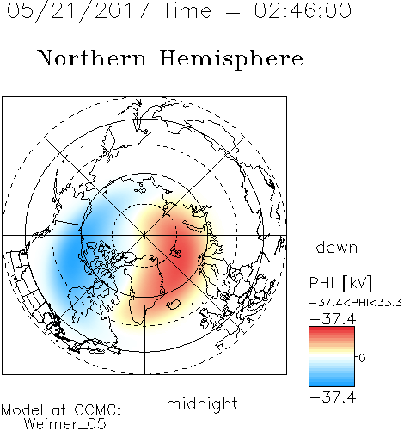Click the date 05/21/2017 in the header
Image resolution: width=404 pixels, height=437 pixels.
tap(78, 11)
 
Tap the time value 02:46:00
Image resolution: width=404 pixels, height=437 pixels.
tap(303, 10)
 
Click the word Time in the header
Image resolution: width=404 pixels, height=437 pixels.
tap(187, 10)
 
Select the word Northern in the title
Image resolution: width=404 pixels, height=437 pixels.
tap(92, 58)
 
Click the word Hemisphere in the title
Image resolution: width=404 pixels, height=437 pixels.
tap(231, 59)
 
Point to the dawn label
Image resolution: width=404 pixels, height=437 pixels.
tap(337, 247)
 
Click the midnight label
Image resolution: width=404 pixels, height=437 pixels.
tap(202, 403)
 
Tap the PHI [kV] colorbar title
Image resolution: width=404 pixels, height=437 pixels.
tap(340, 283)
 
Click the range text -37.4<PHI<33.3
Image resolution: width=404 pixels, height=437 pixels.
tap(356, 303)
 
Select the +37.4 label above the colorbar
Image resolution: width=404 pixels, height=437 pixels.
tap(333, 319)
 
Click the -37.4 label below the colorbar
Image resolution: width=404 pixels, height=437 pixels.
tap(333, 397)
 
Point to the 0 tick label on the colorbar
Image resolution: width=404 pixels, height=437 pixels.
tap(362, 358)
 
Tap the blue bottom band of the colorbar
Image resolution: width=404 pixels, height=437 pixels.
tap(332, 382)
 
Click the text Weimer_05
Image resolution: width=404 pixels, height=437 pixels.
tap(65, 424)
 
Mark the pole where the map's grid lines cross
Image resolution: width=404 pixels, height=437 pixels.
tap(144, 235)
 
